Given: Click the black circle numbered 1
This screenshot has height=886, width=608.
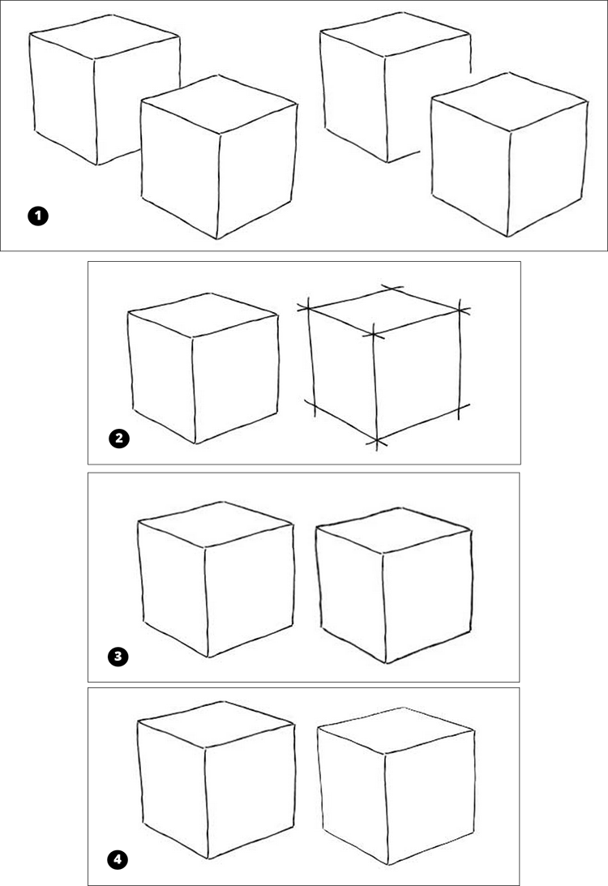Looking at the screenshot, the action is (x=38, y=216).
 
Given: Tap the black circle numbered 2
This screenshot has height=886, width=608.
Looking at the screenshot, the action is (x=119, y=439).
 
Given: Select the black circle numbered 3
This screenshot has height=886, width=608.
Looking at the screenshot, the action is (x=118, y=657).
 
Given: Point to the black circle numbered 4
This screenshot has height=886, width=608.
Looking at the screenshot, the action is (x=118, y=860).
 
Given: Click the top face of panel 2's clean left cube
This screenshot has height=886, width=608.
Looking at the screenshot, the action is (x=203, y=315).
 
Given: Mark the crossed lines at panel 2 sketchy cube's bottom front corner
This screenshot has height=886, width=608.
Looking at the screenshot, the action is (x=377, y=440).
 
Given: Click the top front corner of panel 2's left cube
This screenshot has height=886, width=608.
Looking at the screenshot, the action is (x=192, y=338).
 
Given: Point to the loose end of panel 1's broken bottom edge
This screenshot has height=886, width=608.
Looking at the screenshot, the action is (x=418, y=152).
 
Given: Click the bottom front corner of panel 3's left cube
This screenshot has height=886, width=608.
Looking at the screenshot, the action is (x=208, y=657).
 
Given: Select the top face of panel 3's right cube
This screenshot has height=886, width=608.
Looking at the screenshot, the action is (x=393, y=530).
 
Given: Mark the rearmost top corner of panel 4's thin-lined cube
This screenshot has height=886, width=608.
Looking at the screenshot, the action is (x=402, y=708).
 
